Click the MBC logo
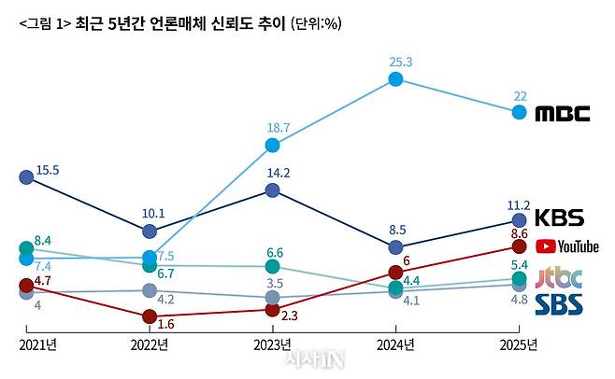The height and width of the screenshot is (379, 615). (563, 114)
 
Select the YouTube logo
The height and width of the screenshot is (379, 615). (566, 246)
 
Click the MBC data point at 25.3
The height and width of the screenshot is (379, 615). (395, 79)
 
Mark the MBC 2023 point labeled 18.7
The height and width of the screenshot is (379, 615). (272, 145)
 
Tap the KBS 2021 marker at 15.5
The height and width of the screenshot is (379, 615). (26, 176)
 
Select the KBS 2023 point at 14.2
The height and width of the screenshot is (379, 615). (272, 189)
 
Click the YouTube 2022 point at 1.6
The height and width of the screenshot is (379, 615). (150, 317)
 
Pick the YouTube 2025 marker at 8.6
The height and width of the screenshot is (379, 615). (519, 246)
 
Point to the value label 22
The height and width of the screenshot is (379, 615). (521, 96)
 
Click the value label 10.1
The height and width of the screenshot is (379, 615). (152, 213)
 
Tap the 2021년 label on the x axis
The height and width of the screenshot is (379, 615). (37, 345)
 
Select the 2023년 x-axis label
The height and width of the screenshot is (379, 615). (272, 345)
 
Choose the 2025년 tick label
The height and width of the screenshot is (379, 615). (518, 345)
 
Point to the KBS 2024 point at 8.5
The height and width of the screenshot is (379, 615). (395, 247)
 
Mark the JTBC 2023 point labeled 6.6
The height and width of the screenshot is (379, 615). (272, 267)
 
